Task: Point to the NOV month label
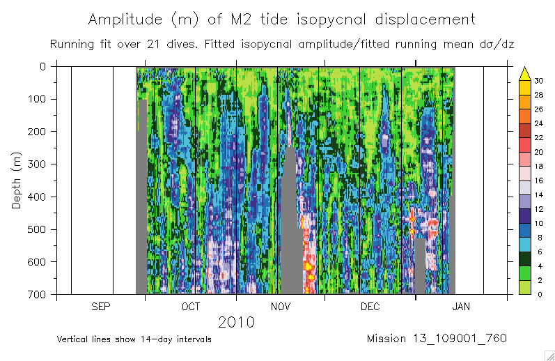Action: point(280,307)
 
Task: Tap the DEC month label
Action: point(369,307)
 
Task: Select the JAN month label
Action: point(460,307)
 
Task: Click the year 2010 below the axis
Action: point(236,323)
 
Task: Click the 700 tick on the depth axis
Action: point(39,295)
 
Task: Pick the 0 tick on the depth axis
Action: point(43,67)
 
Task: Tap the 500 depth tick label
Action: point(39,229)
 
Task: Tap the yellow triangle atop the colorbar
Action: point(526,72)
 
